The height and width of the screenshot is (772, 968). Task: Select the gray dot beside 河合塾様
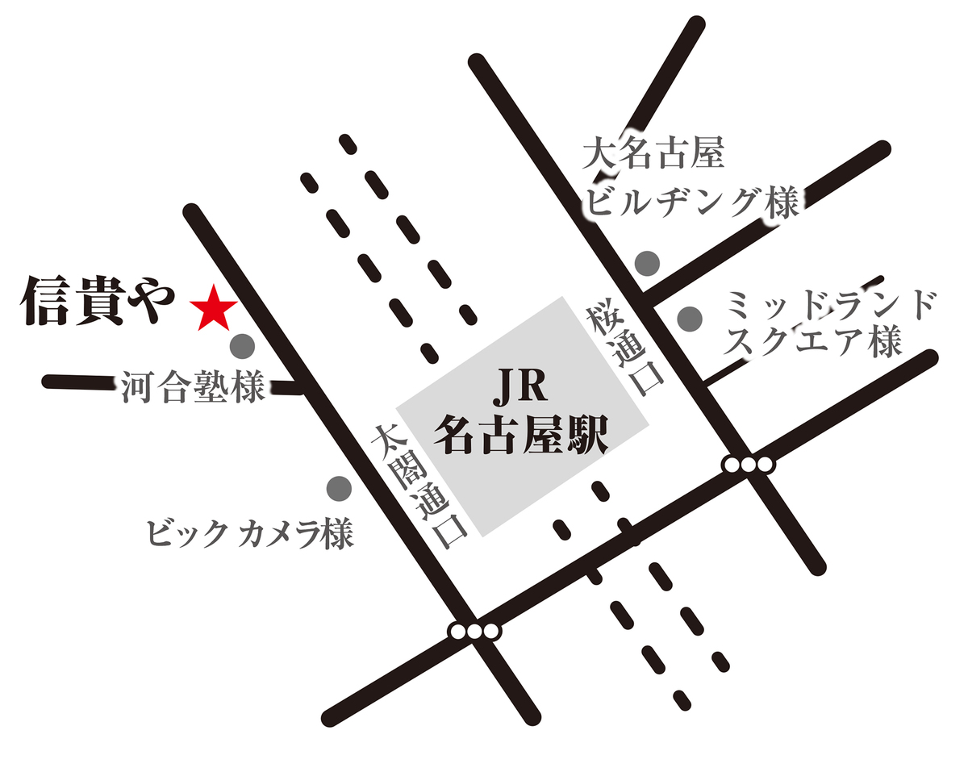(x=242, y=347)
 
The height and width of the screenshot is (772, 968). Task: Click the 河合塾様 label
(x=194, y=387)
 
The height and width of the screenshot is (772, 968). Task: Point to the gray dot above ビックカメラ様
(x=338, y=487)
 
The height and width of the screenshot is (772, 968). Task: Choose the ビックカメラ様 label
(x=250, y=533)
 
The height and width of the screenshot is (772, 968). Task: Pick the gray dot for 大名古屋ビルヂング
(x=648, y=262)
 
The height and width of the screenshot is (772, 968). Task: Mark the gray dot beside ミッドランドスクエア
(x=689, y=319)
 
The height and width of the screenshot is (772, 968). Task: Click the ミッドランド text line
(x=831, y=305)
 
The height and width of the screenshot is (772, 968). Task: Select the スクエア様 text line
(x=812, y=343)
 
